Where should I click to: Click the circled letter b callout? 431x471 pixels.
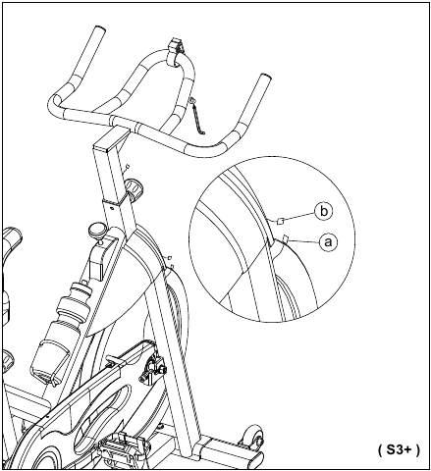323,211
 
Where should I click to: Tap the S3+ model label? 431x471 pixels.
399,450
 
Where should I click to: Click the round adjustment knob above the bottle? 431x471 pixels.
96,230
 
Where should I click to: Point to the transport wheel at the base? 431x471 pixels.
253,437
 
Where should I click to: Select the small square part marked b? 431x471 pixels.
280,222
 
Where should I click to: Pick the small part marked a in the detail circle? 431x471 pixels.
285,238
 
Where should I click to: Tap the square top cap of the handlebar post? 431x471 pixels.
111,137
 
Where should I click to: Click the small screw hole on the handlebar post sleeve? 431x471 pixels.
112,207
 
